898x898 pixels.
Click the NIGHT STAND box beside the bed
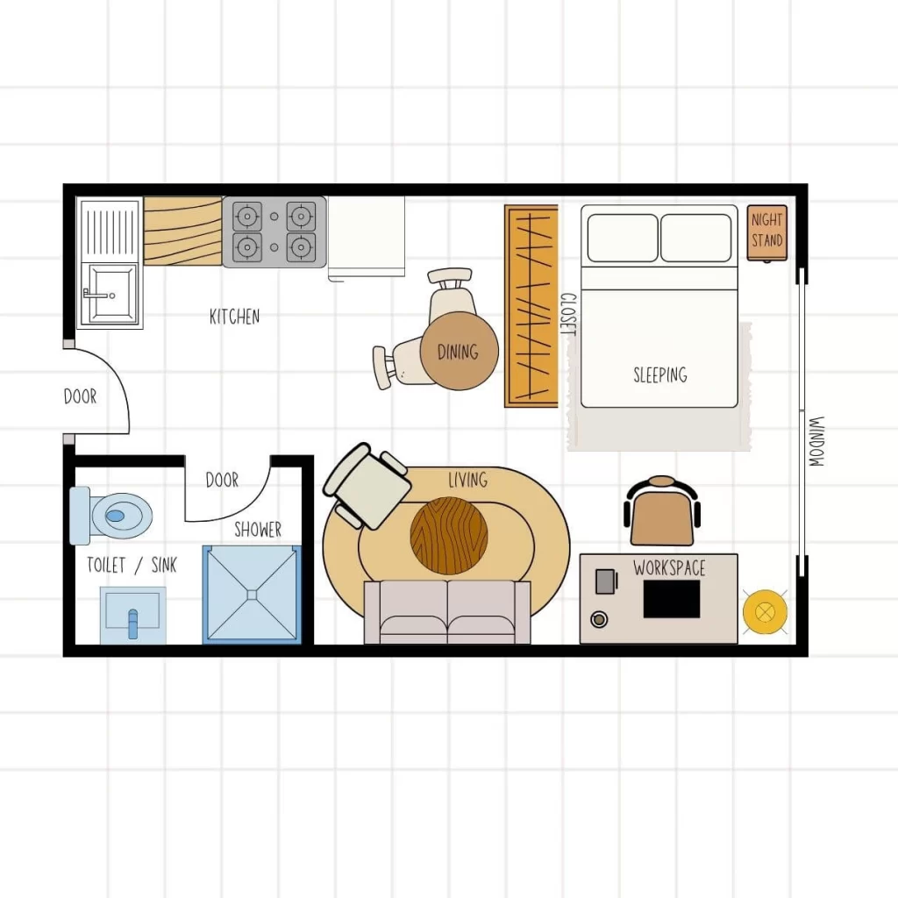click(x=766, y=232)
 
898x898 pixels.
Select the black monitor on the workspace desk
click(x=672, y=599)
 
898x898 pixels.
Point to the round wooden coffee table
click(x=449, y=536)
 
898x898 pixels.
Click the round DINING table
click(x=459, y=352)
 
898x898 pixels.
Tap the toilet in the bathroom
click(x=116, y=516)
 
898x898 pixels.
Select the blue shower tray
click(x=252, y=594)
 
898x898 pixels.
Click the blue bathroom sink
click(x=132, y=614)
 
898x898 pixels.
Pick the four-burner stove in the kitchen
click(x=274, y=232)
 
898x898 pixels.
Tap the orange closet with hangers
click(x=531, y=306)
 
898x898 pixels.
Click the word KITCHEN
click(x=234, y=317)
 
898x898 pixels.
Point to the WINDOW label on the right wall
click(x=816, y=440)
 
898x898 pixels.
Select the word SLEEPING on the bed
click(x=659, y=375)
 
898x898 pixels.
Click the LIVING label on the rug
click(x=467, y=480)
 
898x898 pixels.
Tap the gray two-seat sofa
click(x=447, y=611)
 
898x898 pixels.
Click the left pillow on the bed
click(x=622, y=238)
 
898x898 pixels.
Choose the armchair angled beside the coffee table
click(x=367, y=486)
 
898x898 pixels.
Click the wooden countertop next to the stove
click(x=182, y=232)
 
